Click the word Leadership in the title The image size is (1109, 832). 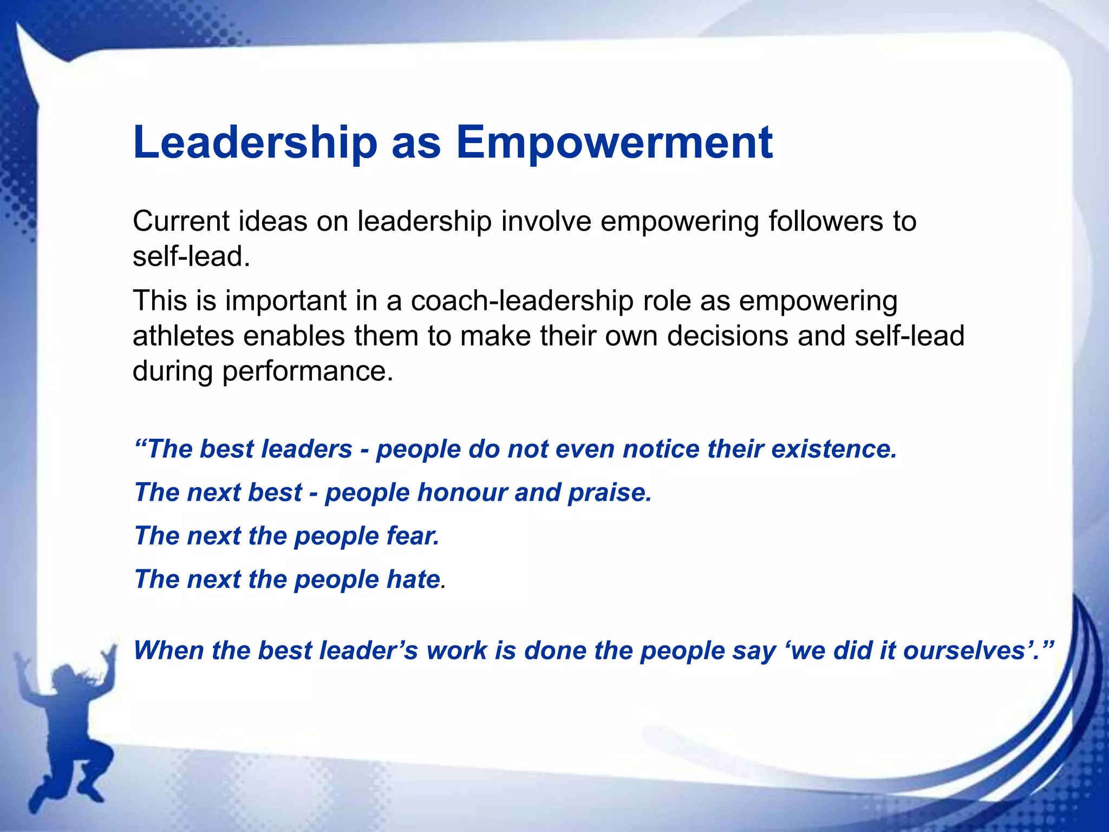255,142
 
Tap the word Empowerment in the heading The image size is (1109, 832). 614,142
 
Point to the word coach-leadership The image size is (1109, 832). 522,301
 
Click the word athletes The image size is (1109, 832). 184,336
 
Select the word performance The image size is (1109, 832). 308,372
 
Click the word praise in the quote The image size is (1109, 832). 609,492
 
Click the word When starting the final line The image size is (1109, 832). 169,651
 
